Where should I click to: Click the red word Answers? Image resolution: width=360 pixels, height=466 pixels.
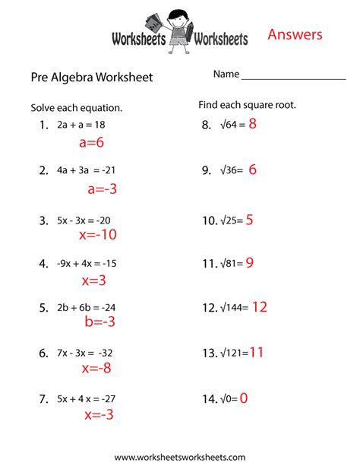point(295,34)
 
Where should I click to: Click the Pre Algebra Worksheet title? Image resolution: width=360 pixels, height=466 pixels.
point(91,77)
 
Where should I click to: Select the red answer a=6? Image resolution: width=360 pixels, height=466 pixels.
point(90,142)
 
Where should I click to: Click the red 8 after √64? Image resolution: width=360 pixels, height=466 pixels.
point(253,125)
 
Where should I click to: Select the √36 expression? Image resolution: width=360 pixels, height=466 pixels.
point(228,171)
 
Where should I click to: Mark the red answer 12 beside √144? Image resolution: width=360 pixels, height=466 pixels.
point(259,307)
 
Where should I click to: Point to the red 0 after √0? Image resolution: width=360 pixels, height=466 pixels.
point(244,398)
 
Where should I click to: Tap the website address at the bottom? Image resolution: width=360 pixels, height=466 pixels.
point(179,457)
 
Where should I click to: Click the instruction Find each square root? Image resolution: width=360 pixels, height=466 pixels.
point(247,104)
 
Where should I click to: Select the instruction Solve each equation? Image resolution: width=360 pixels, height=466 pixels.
point(77,108)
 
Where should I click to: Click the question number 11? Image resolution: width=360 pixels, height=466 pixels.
point(209,264)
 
